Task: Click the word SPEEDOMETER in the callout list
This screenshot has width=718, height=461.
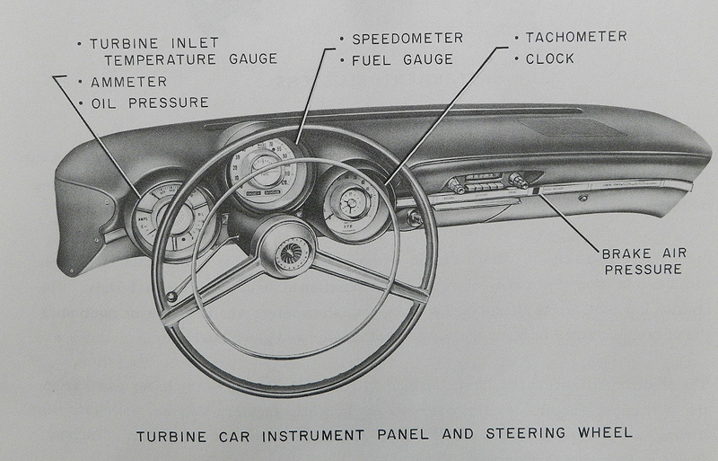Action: (x=407, y=38)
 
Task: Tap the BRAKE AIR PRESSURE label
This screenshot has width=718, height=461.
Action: (x=638, y=261)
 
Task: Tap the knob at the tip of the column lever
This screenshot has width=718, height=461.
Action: (x=171, y=297)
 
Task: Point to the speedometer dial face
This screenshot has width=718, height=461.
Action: (x=264, y=170)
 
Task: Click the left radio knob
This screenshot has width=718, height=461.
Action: (x=455, y=186)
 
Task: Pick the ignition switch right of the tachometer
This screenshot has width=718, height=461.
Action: (x=415, y=217)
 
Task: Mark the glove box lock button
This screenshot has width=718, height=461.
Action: (x=583, y=196)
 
